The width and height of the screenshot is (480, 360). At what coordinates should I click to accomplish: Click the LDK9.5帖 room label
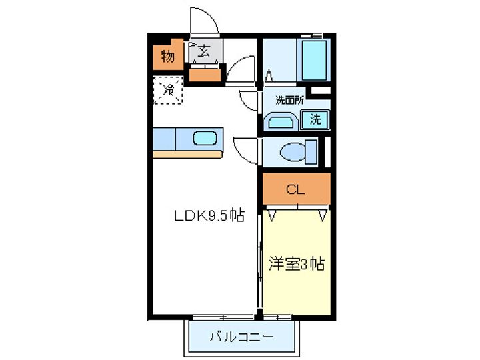coord(208,216)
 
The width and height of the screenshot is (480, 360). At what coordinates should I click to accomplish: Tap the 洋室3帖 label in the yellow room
coord(296,263)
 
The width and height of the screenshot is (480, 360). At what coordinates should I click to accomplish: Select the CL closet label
coord(295,190)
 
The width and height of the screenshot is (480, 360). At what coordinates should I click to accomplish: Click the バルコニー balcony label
coord(241,337)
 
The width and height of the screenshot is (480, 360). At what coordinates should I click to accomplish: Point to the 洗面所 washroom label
coord(291,100)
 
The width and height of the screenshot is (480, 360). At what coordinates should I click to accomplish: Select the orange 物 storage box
coord(167,57)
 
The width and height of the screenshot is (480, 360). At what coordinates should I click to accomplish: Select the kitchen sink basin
coord(205,139)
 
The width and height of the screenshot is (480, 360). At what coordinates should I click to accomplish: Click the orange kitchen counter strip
coord(187,155)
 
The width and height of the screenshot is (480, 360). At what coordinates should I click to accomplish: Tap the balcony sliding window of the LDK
coord(224,315)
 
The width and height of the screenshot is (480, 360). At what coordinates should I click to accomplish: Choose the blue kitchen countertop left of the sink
coord(164,139)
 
